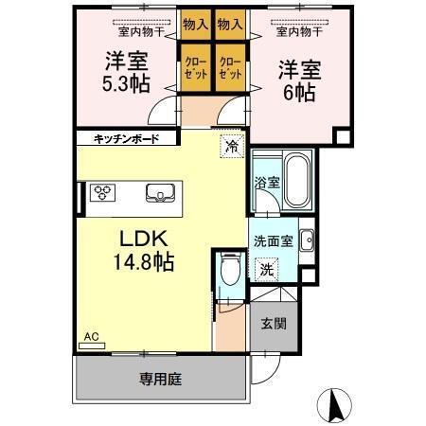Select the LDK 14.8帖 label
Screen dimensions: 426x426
point(144,249)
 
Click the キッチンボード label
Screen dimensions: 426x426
point(126,138)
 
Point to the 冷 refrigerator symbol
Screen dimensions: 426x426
point(230,147)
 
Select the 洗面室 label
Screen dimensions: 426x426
point(273,240)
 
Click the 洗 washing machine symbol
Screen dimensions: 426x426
point(268,269)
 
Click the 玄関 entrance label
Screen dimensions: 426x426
point(274,323)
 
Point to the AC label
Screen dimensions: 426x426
point(91,336)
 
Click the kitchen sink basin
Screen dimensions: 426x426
point(160,194)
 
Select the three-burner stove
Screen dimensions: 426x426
point(102,194)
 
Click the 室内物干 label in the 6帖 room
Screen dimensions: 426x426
point(298,31)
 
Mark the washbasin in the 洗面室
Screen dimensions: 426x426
point(306,241)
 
